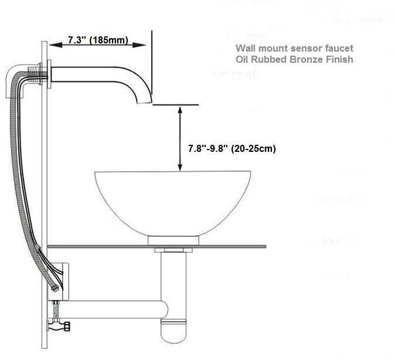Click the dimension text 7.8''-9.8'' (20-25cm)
tap(231, 148)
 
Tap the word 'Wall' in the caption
tap(245, 49)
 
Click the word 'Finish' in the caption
tap(338, 60)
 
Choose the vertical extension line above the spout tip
tap(152, 64)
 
